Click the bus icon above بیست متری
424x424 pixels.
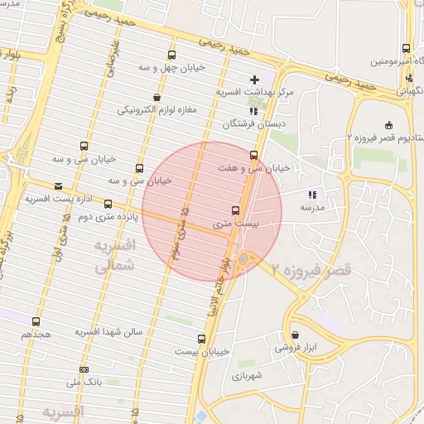tap(235, 210)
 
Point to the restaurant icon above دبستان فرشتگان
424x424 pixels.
tap(253, 110)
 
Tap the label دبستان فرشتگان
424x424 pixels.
tap(253, 124)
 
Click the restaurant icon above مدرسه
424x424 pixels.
tap(312, 195)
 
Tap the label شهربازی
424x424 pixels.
tap(246, 376)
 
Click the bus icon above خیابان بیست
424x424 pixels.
tap(201, 339)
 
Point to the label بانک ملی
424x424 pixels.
tap(83, 383)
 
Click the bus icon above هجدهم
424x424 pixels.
tap(35, 321)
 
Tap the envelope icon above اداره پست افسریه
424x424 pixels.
tap(57, 186)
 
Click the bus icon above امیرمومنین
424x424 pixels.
tap(406, 49)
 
